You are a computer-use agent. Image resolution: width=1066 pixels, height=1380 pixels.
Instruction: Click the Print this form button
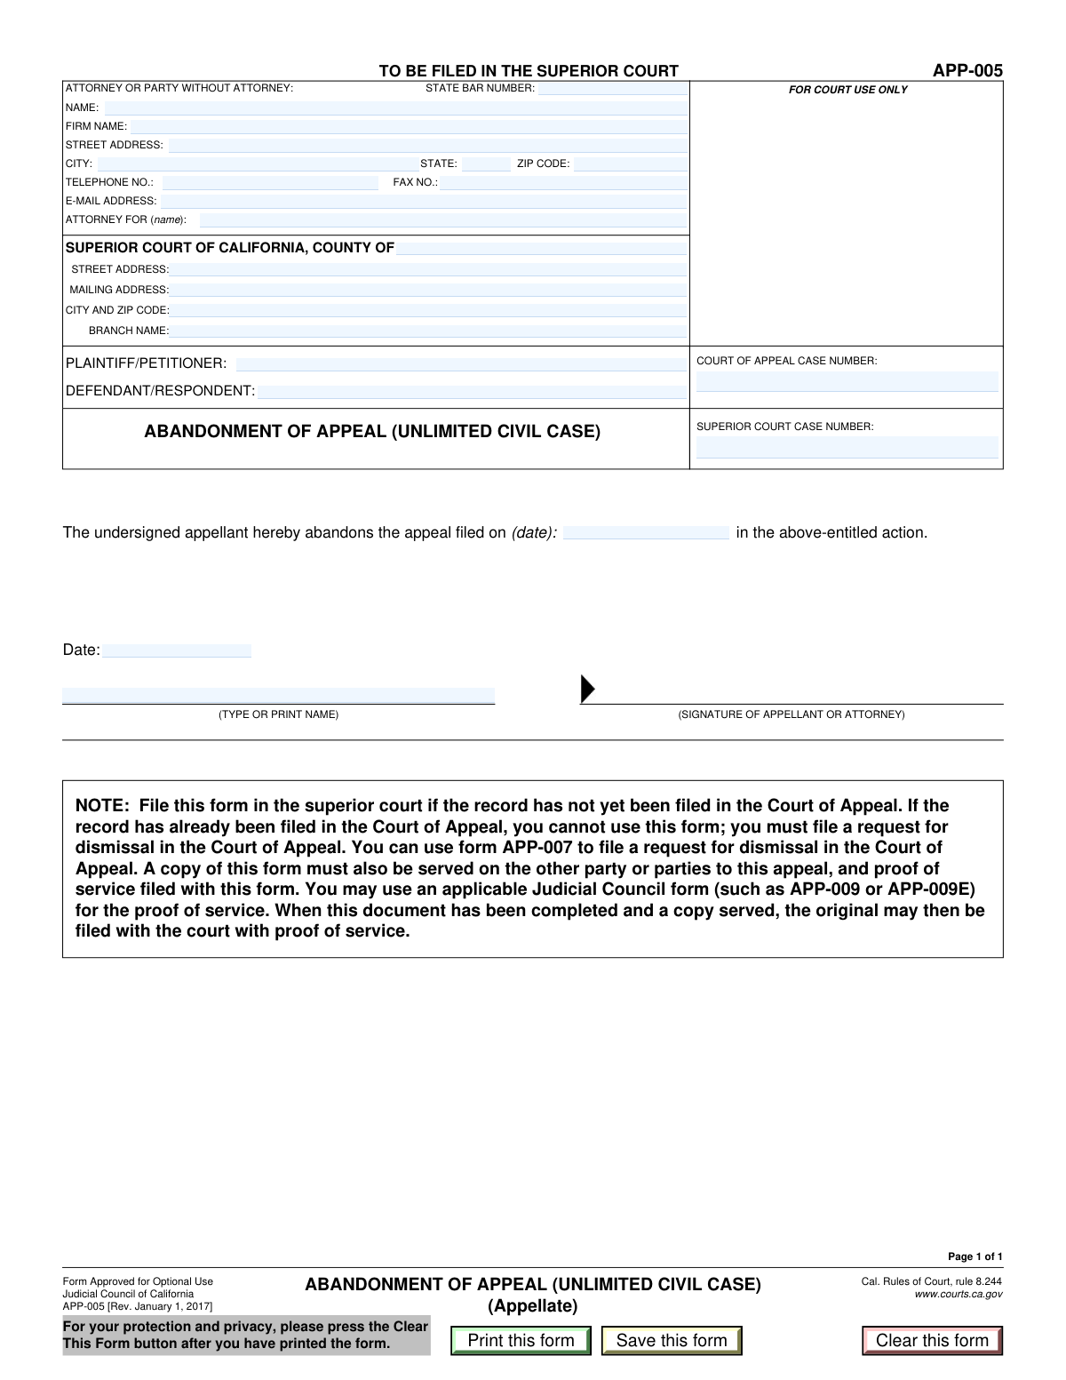[521, 1340]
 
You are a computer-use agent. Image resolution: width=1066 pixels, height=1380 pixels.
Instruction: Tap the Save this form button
[672, 1340]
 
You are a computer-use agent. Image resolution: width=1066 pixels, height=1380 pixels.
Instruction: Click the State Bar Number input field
[612, 89]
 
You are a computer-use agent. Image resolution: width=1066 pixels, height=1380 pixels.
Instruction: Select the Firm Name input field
[409, 126]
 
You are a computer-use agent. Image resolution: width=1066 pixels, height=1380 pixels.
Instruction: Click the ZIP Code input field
[630, 164]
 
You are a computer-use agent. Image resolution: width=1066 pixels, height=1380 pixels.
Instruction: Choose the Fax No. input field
[563, 183]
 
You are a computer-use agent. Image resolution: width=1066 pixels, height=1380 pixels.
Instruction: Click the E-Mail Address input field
[424, 202]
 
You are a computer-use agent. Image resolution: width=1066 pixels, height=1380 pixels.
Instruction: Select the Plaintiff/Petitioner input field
[460, 364]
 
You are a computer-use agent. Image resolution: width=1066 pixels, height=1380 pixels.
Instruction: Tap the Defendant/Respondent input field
[472, 392]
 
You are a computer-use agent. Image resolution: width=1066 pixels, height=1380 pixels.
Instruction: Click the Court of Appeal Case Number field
[847, 382]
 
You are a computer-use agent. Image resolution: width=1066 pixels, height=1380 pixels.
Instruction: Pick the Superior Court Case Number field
[847, 447]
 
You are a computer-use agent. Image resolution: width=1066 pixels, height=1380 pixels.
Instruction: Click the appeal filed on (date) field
[646, 533]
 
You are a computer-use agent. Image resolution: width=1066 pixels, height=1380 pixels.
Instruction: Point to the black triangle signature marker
[587, 689]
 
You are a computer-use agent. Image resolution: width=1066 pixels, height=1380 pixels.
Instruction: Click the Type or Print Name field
[278, 696]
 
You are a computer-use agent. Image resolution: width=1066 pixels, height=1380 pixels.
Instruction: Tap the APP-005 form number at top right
[967, 71]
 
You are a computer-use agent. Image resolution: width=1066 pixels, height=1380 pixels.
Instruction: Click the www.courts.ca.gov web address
[958, 1295]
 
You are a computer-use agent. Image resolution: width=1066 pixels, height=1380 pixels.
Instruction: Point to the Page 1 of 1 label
[975, 1256]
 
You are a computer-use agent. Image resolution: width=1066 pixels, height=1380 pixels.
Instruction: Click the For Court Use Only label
[847, 90]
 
